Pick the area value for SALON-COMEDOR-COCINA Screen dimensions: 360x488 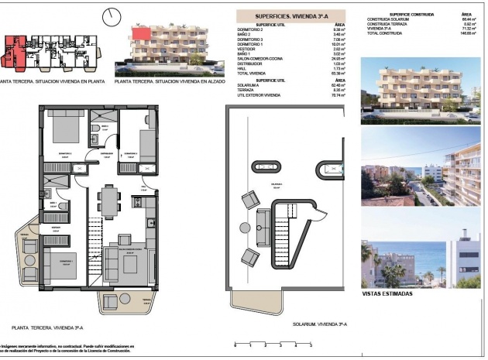coord(337,57)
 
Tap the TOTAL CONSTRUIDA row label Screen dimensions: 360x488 coord(384,34)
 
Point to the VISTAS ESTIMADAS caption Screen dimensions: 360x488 coord(387,294)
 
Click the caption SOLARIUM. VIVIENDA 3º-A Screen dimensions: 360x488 coord(319,326)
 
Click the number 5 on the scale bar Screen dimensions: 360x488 coord(310,345)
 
